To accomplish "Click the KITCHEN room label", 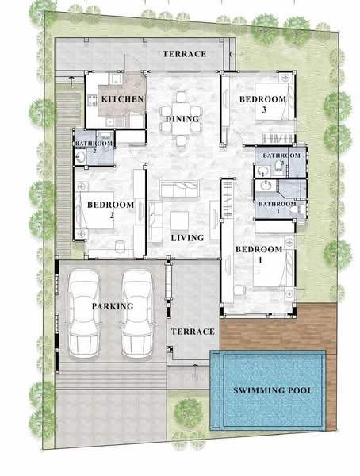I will (122, 99).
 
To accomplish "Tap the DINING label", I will (182, 120).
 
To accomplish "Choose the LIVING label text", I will (187, 237).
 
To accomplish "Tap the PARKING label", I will (112, 306).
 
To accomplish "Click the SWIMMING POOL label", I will (272, 390).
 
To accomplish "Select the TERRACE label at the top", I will (184, 54).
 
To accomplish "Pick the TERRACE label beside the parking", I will (193, 332).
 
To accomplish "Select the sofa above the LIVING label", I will (180, 190).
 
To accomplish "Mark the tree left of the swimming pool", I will (188, 412).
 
